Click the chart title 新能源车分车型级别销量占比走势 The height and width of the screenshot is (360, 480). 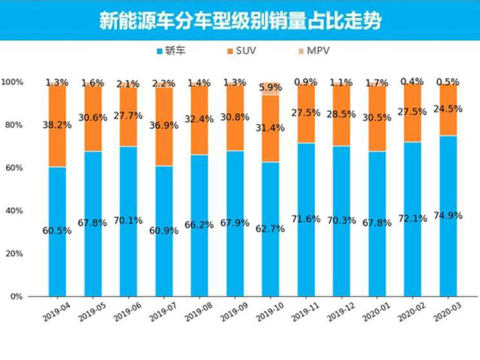[240, 21]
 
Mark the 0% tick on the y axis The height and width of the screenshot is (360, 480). [17, 296]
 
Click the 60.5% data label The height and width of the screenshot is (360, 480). [57, 230]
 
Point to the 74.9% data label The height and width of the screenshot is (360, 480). [448, 215]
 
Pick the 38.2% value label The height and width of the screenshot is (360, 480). [57, 125]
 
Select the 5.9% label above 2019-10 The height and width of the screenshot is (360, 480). [270, 87]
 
